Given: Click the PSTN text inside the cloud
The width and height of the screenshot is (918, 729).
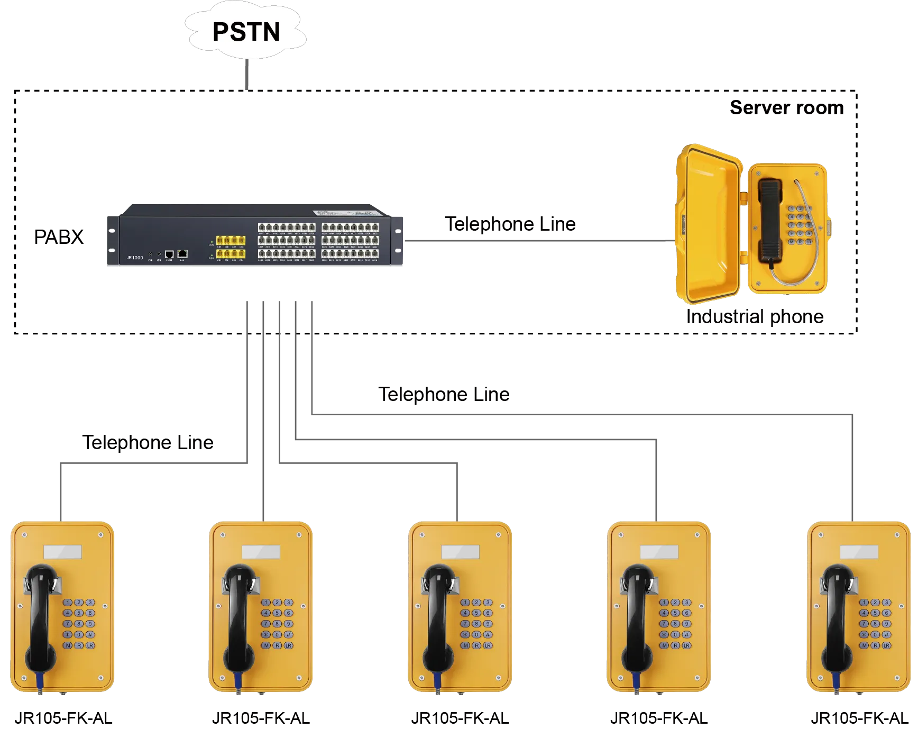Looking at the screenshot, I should tap(246, 32).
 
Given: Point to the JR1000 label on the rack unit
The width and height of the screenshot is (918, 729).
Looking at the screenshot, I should tap(134, 258).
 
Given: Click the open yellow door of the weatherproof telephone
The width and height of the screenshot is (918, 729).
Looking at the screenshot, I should tap(709, 225).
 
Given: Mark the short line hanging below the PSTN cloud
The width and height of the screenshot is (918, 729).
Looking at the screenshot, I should tap(247, 74).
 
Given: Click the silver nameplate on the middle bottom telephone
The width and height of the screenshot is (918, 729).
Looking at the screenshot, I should tap(460, 552).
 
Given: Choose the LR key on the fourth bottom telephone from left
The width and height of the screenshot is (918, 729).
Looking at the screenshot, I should tap(686, 645).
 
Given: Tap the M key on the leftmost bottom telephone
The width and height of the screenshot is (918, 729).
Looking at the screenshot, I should tap(68, 645).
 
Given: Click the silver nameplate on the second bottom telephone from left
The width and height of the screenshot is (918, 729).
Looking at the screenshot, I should tap(261, 552).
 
